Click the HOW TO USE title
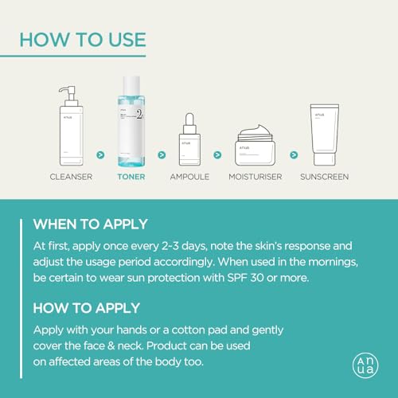[82, 39]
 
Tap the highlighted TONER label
[131, 176]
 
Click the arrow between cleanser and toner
[101, 154]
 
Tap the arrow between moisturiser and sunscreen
[294, 154]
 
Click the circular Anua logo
[365, 365]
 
